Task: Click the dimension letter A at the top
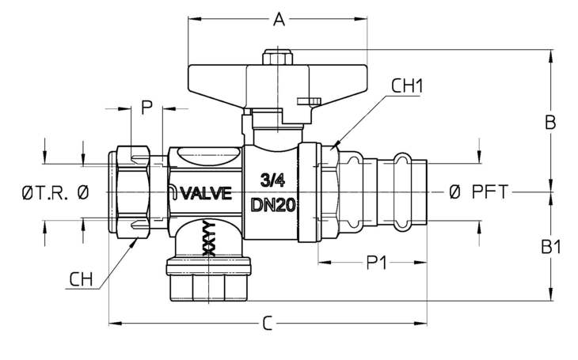click(279, 19)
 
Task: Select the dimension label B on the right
click(550, 122)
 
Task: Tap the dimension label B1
click(551, 247)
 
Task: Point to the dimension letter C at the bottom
click(268, 324)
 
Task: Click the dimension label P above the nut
click(146, 108)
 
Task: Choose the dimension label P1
click(376, 263)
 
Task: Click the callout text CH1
click(407, 86)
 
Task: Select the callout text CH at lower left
click(81, 279)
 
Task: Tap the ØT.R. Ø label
click(55, 192)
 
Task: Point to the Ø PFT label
click(479, 191)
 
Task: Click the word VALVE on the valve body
click(206, 193)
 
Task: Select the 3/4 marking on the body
click(272, 180)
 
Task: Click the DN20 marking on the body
click(273, 205)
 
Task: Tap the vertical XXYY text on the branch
click(209, 238)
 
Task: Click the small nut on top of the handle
click(277, 58)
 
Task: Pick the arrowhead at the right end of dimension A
click(360, 18)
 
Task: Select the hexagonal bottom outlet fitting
click(209, 280)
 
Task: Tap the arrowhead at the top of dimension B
click(551, 56)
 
